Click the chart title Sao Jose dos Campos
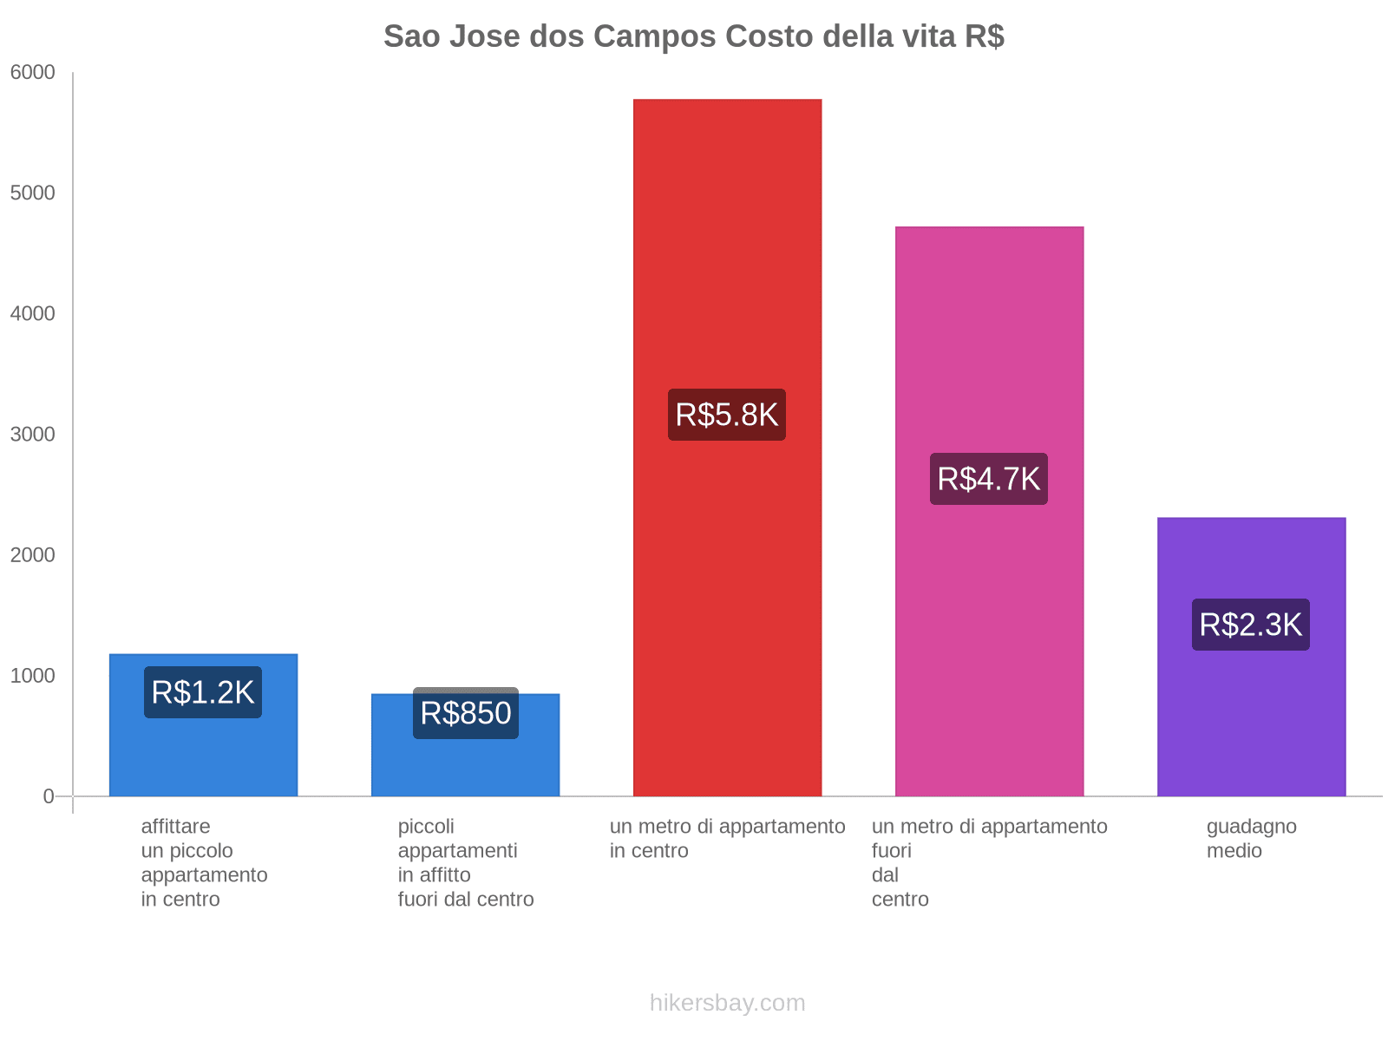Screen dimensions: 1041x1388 pos(693,36)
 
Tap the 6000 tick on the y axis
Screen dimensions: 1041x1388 pos(32,73)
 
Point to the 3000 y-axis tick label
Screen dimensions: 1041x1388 pos(32,435)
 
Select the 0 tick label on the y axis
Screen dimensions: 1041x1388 pos(49,796)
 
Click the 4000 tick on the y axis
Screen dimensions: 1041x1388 pos(32,314)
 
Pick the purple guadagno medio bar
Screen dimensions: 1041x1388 pos(1251,711)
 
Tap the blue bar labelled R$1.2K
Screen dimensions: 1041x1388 pos(203,755)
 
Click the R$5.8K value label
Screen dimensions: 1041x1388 pos(727,415)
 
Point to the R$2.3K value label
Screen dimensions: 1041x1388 pos(1251,625)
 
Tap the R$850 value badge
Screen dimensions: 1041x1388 pos(465,713)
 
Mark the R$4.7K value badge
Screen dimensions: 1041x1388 pos(989,479)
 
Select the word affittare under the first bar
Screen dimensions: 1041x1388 pos(175,827)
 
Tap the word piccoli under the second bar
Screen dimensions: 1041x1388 pos(426,827)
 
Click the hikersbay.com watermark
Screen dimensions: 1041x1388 pos(727,1003)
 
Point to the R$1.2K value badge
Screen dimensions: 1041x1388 pos(203,692)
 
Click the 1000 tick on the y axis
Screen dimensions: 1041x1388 pos(32,676)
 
